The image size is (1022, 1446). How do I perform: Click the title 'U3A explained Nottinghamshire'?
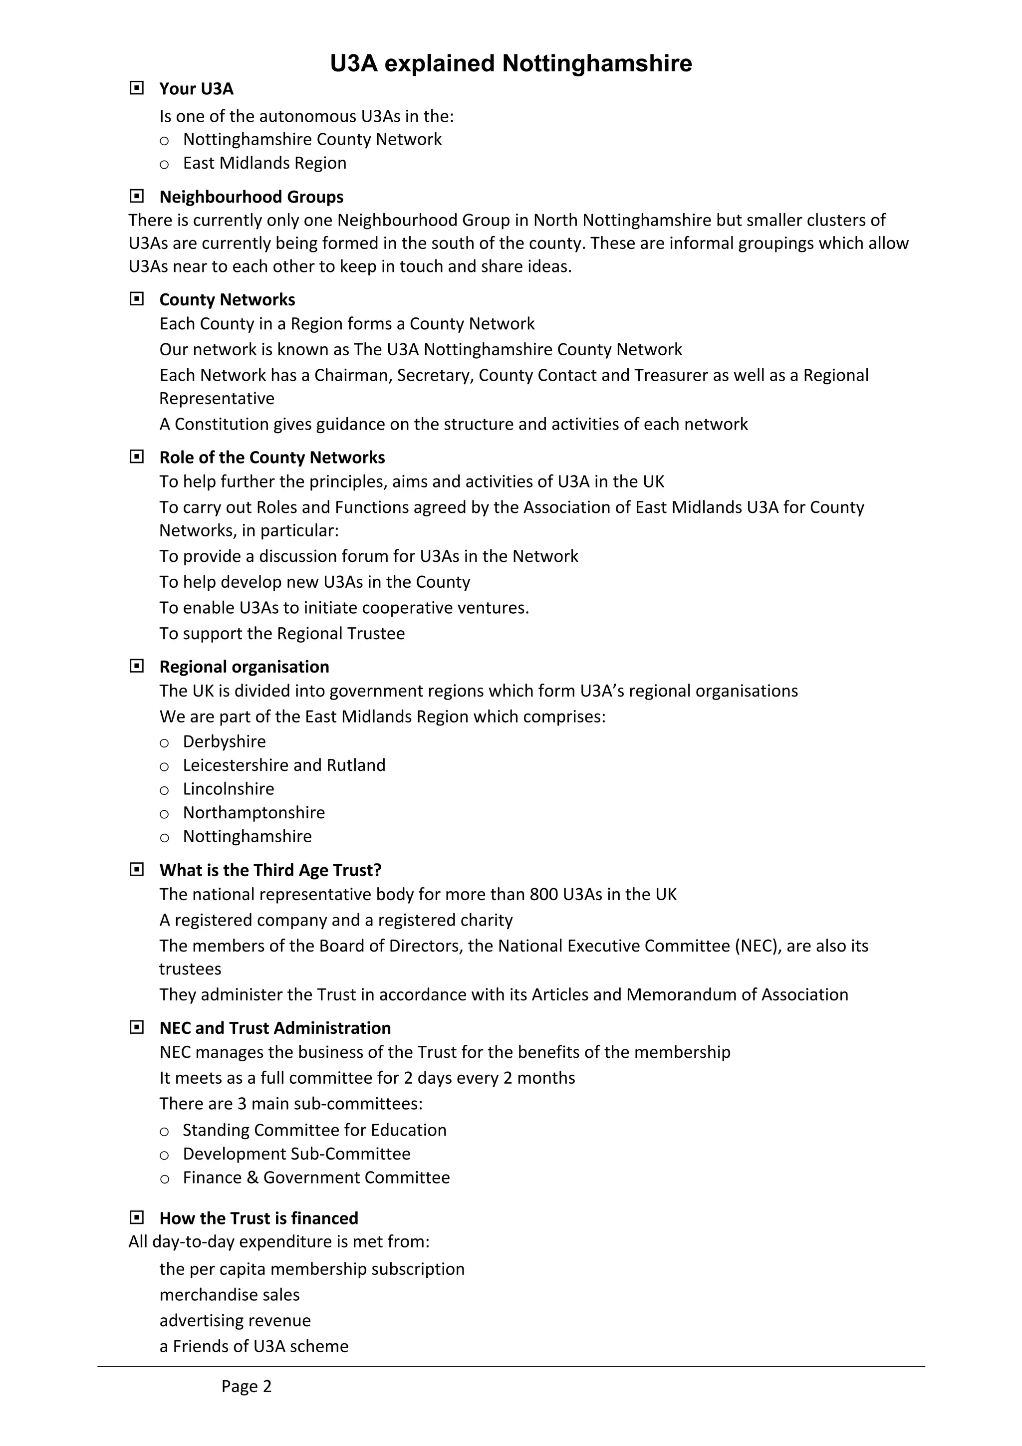[x=511, y=63]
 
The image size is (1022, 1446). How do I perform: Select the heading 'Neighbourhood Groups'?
[x=251, y=197]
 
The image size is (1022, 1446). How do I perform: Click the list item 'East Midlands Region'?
[x=264, y=163]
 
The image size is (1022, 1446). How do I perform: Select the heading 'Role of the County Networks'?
[x=272, y=457]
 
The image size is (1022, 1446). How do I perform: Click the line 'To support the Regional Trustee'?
[x=282, y=634]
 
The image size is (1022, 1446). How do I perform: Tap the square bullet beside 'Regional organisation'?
[x=137, y=666]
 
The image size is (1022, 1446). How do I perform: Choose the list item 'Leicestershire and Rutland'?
[x=284, y=765]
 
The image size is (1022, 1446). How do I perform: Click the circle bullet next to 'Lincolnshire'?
[x=164, y=790]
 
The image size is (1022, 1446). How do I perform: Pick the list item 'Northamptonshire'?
[x=254, y=812]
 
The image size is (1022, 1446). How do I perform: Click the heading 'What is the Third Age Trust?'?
[x=270, y=870]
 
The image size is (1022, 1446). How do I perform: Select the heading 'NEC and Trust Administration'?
[x=274, y=1028]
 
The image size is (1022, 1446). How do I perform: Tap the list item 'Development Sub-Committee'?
[x=296, y=1154]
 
